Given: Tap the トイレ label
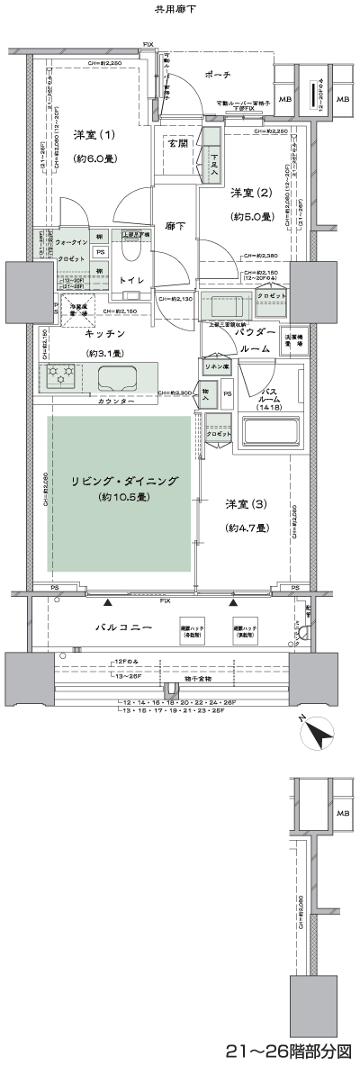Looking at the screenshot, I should pyautogui.click(x=132, y=280).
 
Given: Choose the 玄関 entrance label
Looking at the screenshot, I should pyautogui.click(x=177, y=142).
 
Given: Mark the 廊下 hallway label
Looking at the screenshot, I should pyautogui.click(x=175, y=226).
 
